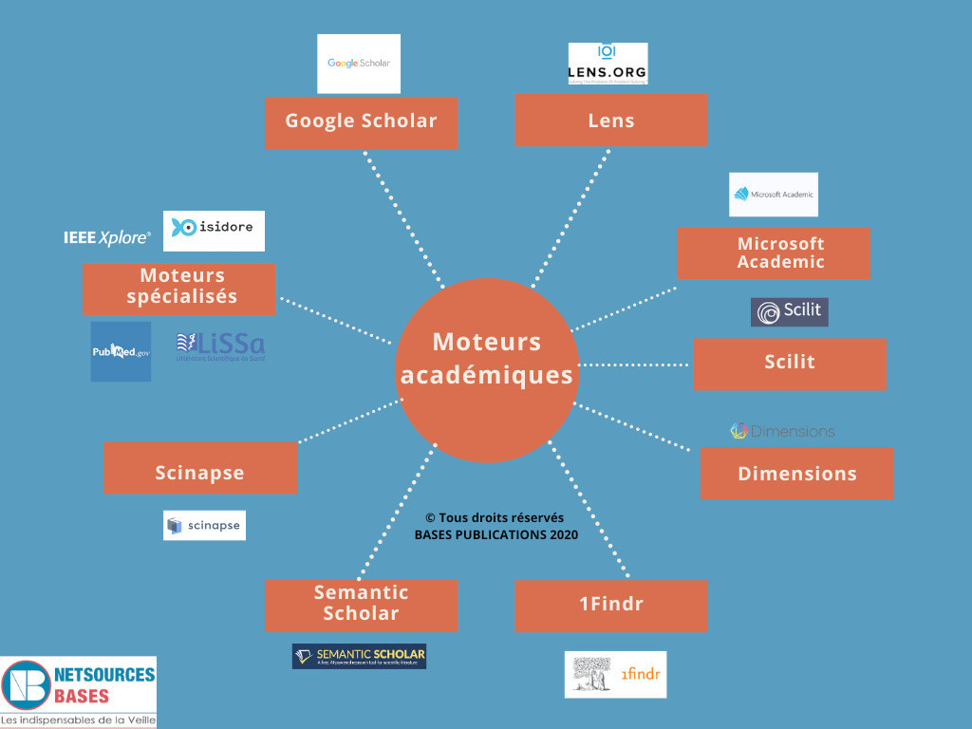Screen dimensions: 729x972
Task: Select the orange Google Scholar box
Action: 361,121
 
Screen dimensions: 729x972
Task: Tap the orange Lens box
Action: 610,120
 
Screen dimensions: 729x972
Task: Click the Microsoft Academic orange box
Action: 774,252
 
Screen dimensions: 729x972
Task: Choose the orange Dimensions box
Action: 796,473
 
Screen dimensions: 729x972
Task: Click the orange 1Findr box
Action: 610,605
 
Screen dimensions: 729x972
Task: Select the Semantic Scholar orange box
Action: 361,604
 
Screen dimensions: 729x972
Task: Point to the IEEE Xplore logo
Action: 107,237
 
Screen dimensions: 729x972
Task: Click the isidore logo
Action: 214,231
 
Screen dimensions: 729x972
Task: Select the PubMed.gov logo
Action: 121,351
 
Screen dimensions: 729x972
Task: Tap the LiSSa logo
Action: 220,347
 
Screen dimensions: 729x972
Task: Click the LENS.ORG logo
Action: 607,63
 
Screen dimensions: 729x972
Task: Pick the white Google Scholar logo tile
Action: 359,64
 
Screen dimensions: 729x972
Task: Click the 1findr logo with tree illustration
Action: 615,674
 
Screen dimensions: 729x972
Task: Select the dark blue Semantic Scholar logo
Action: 359,656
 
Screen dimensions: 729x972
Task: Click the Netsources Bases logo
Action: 79,691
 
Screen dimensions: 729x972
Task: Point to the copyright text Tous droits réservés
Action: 495,518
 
